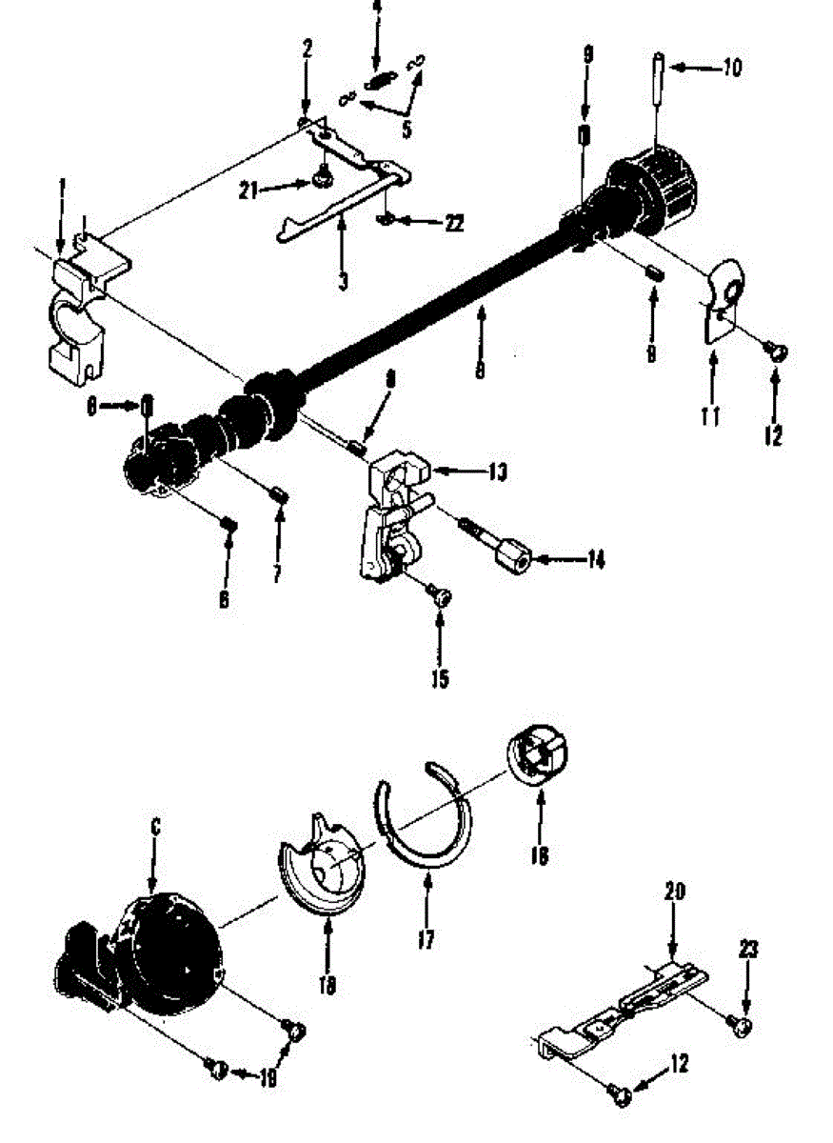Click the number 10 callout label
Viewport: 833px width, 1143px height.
731,68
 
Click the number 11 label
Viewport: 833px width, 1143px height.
710,415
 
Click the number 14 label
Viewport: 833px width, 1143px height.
595,559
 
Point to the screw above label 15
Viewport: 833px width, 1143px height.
440,595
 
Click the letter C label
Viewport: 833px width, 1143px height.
155,828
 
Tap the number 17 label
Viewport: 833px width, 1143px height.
426,941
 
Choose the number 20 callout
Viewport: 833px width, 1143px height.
674,892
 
